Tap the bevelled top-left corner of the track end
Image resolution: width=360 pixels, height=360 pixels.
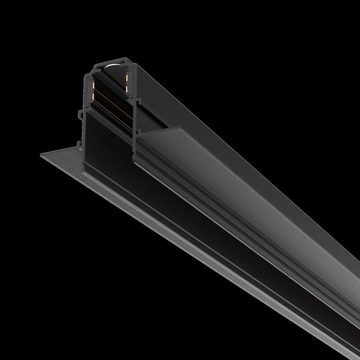pyautogui.click(x=94, y=63)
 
